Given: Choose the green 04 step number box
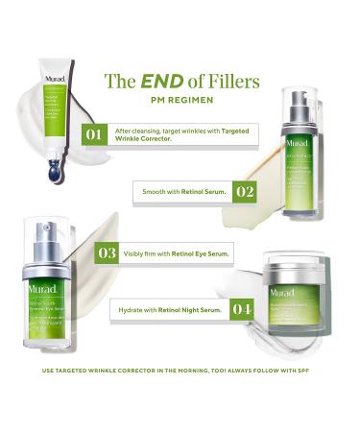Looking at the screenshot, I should [240, 310].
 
